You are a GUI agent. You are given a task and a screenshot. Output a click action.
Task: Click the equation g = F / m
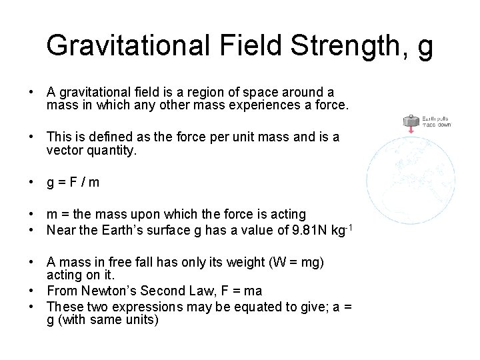click(x=72, y=182)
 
